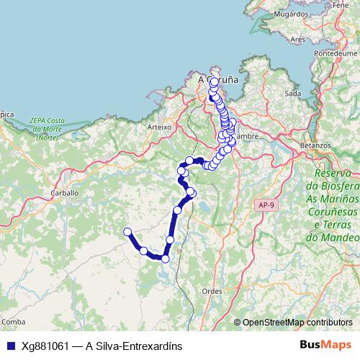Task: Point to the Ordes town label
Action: (212, 291)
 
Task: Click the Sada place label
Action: (292, 93)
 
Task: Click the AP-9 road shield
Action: (266, 205)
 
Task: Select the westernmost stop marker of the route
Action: (127, 232)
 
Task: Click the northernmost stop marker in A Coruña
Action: (215, 81)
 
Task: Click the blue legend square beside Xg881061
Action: (9, 346)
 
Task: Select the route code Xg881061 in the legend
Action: (45, 346)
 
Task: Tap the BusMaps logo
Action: (326, 345)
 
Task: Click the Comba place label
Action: (14, 321)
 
